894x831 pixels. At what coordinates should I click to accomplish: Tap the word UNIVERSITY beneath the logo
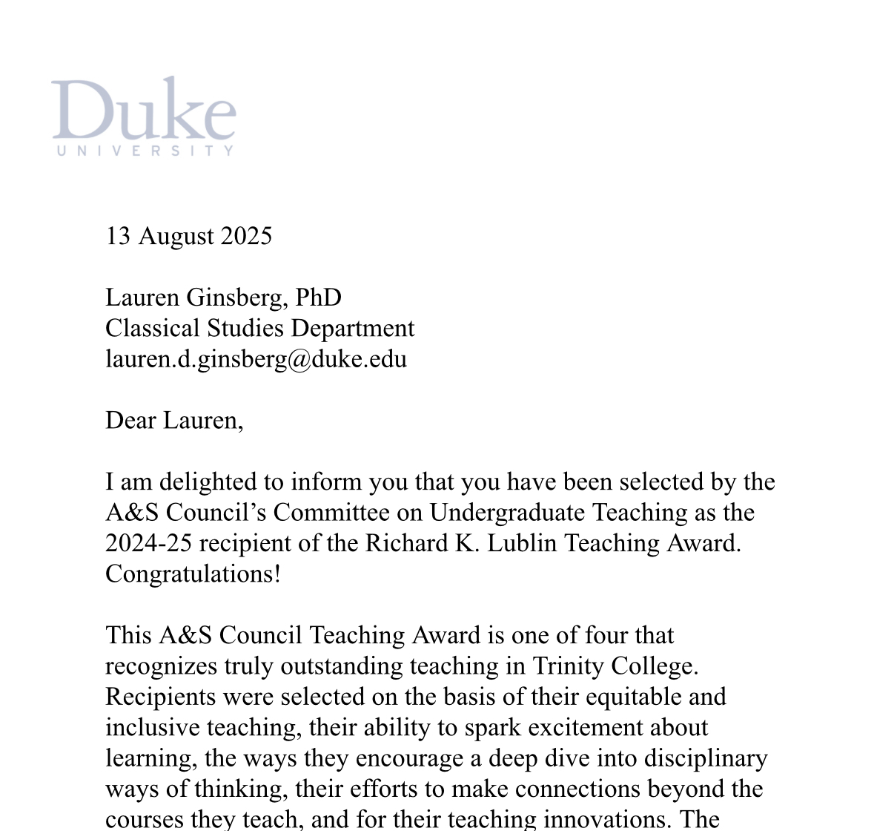click(x=145, y=151)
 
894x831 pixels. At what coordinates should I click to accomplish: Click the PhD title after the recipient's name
click(x=318, y=298)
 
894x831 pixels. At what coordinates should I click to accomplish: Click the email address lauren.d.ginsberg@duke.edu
click(x=256, y=359)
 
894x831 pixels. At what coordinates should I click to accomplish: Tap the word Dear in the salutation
click(x=131, y=421)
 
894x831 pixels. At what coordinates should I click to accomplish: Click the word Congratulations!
click(x=193, y=574)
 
